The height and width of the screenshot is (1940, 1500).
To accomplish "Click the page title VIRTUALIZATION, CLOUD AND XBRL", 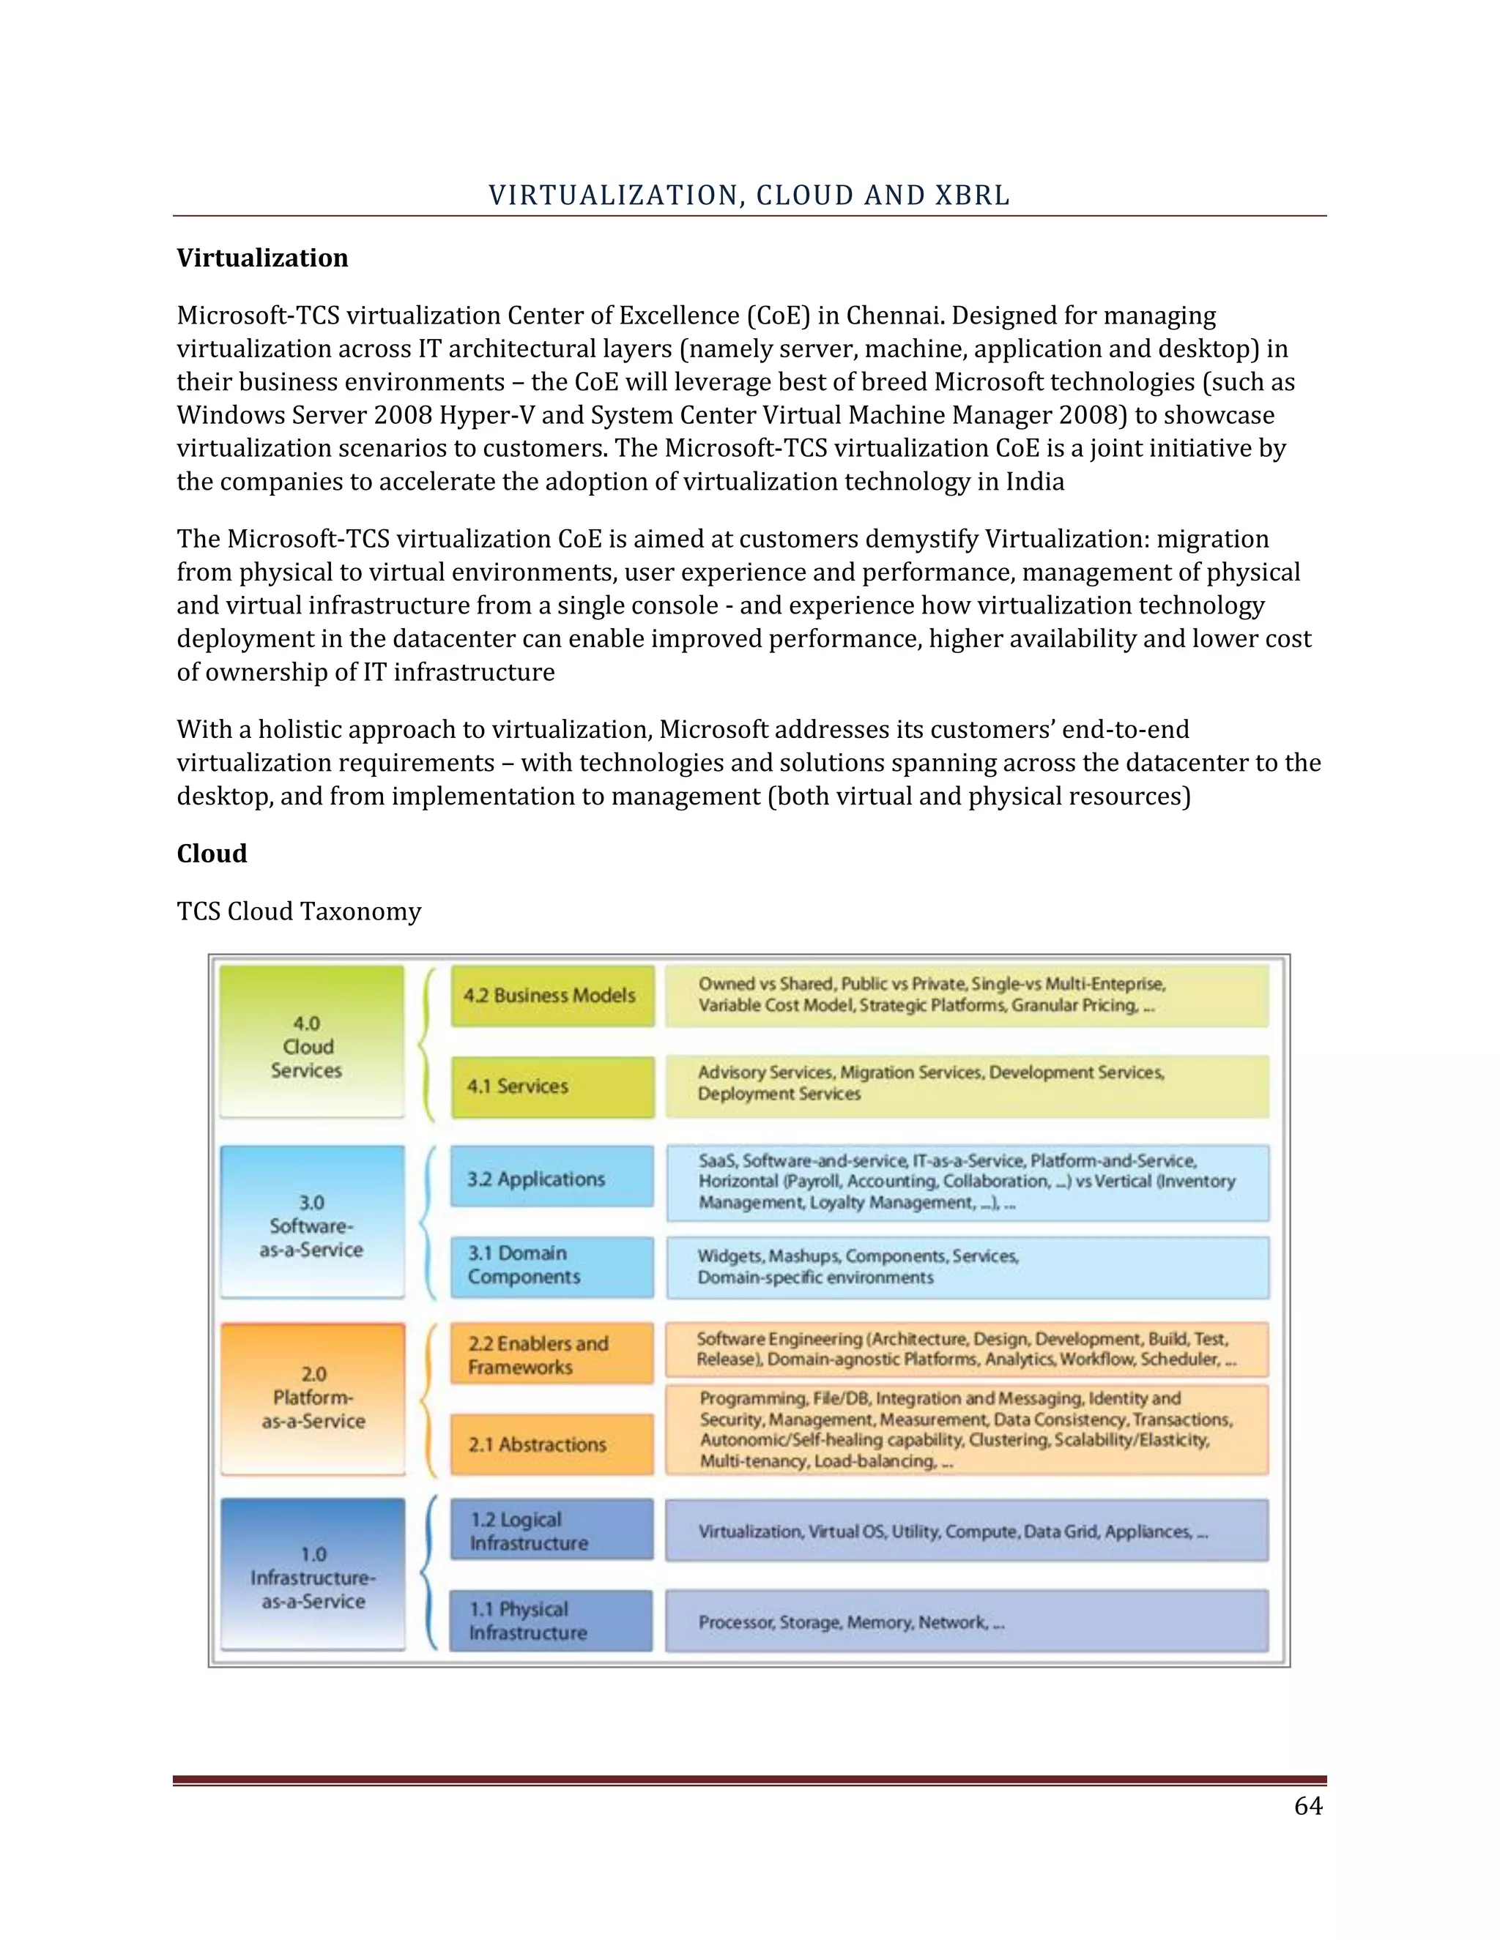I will click(749, 195).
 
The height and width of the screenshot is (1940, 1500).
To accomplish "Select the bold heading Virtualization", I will click(262, 258).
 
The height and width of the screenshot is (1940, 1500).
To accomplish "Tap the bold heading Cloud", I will click(212, 854).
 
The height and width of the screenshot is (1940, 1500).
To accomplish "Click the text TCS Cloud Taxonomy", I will click(299, 911).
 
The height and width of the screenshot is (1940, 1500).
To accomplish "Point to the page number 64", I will click(1308, 1806).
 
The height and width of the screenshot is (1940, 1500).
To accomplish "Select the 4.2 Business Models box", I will click(552, 996).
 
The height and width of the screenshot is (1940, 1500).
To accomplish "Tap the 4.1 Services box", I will click(552, 1086).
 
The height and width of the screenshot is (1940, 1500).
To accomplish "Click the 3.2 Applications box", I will click(552, 1178).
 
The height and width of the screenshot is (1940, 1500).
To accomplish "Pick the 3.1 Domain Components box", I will click(552, 1266).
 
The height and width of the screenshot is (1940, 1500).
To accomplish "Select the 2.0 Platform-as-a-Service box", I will click(313, 1398).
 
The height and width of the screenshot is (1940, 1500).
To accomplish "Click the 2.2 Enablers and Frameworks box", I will click(552, 1354).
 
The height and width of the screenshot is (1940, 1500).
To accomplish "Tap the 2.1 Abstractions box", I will click(552, 1444).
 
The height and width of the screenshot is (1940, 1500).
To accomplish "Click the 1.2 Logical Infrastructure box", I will click(552, 1531).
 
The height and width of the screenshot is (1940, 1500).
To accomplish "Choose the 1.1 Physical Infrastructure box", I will click(552, 1621).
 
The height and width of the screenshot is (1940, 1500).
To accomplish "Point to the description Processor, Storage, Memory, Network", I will click(851, 1623).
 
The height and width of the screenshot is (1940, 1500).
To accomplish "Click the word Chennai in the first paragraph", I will click(893, 316).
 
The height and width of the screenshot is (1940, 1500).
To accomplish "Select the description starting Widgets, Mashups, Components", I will click(858, 1266).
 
